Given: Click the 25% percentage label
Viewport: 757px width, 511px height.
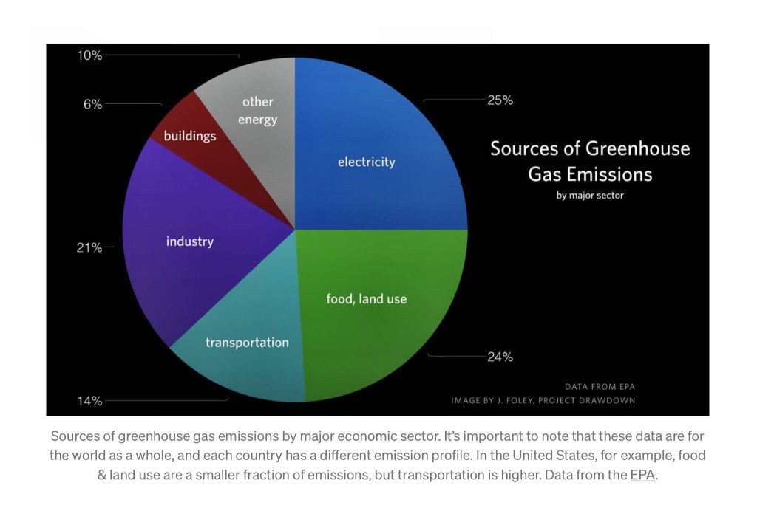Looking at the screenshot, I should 500,100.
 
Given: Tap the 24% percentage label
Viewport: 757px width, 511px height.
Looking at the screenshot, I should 500,357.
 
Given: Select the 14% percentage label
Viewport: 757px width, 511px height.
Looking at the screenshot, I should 89,402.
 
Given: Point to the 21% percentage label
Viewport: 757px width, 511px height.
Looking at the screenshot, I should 89,247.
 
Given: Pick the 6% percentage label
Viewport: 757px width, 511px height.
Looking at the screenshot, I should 92,105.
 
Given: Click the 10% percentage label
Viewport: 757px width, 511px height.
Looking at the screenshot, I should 89,55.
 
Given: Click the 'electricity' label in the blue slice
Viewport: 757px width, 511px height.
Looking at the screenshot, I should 367,162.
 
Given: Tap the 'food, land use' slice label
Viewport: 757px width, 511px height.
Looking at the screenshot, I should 367,299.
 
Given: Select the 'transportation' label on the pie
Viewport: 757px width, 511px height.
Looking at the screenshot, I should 247,343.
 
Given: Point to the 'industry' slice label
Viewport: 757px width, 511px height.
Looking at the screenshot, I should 190,241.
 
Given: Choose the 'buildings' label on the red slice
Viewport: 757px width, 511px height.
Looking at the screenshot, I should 190,136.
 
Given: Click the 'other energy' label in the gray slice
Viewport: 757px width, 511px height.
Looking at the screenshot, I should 257,111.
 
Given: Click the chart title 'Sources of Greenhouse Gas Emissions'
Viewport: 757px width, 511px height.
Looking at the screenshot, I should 590,161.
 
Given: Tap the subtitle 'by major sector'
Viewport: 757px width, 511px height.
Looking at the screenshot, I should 590,196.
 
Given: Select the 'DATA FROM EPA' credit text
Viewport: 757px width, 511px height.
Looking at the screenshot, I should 600,386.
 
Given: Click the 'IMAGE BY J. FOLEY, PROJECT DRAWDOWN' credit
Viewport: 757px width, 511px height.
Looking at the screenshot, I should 543,401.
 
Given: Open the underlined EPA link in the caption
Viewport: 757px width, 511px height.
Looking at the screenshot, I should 642,475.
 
